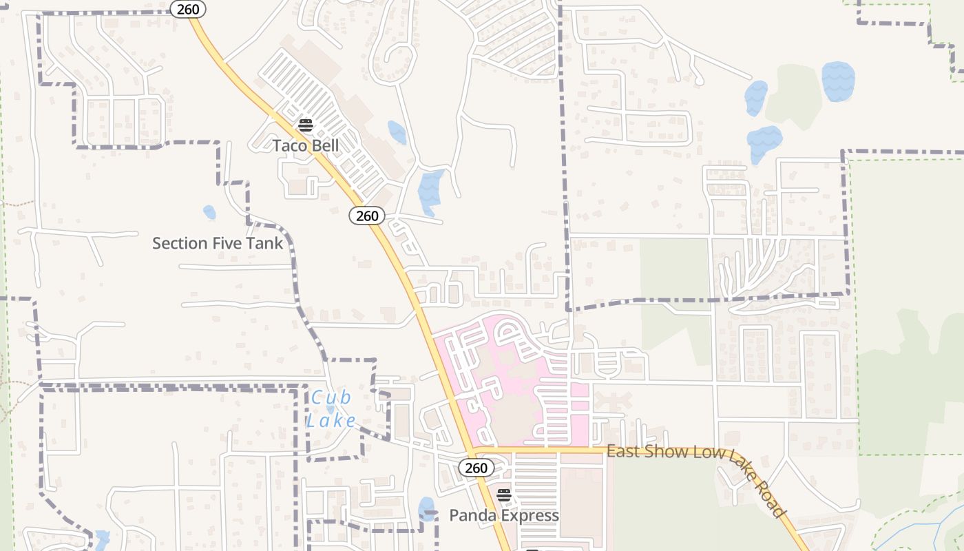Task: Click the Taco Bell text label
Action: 306,146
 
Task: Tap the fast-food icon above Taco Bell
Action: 306,125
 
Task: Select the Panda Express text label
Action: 504,515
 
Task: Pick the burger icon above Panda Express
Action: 504,495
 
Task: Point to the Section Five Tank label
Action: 218,243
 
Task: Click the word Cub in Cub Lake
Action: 331,397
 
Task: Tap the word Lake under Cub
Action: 331,421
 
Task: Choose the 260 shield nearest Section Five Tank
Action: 367,216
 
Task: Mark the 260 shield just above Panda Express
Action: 476,468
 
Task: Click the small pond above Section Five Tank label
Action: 209,212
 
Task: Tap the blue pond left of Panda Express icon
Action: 426,508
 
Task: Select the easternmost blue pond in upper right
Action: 838,81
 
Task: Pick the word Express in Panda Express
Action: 530,515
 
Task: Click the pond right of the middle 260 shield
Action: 431,191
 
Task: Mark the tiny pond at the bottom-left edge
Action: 102,538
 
